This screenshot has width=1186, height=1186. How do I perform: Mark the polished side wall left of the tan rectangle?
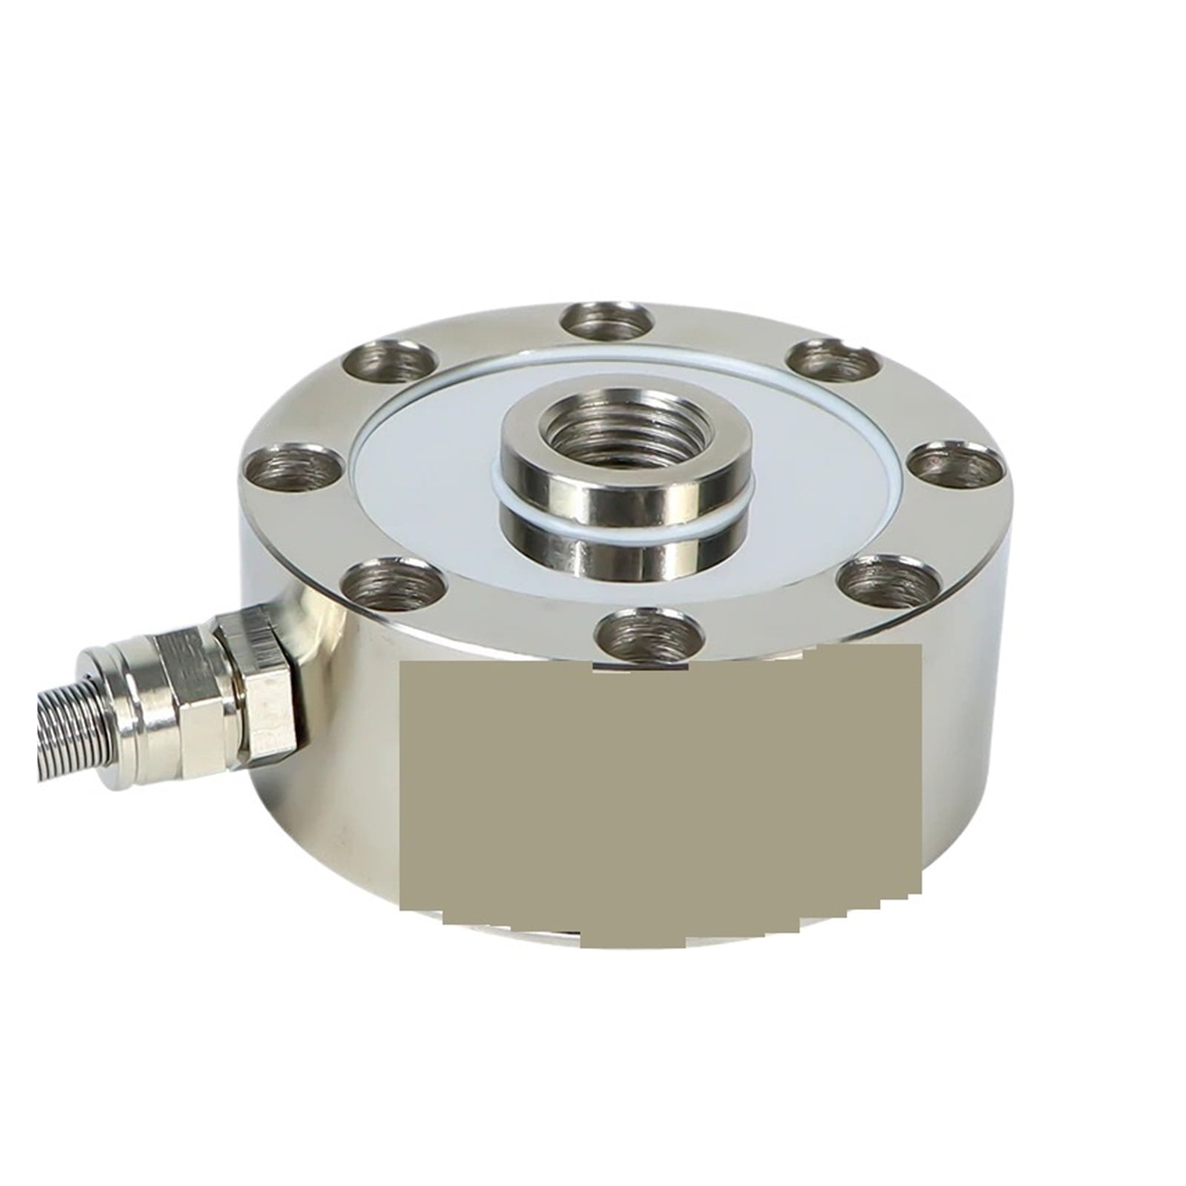click(x=348, y=741)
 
